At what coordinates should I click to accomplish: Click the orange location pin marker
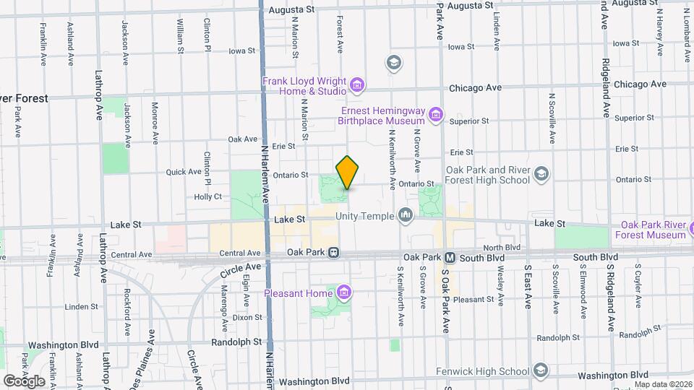(x=348, y=173)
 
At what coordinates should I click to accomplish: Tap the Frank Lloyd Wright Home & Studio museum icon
(x=356, y=87)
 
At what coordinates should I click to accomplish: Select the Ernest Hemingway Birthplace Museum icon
(x=435, y=114)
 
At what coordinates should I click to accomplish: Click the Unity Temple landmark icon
(x=406, y=215)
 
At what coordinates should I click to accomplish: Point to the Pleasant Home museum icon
(x=343, y=292)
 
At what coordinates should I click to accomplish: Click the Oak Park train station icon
(x=334, y=253)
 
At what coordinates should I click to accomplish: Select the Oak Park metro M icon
(x=449, y=257)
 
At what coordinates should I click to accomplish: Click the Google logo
(x=24, y=381)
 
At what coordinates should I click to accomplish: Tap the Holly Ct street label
(x=207, y=196)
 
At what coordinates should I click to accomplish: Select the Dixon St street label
(x=247, y=317)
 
